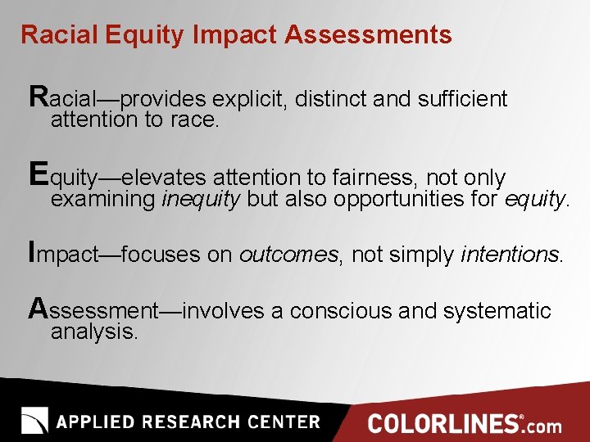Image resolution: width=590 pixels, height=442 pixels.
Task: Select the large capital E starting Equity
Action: (38, 174)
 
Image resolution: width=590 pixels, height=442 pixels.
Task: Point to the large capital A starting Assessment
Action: (38, 308)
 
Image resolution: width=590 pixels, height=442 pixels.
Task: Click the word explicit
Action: (247, 100)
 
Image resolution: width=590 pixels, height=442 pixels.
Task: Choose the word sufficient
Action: (462, 100)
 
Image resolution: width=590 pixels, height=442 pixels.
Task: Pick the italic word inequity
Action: (201, 200)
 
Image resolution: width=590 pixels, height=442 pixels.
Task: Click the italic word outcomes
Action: (288, 255)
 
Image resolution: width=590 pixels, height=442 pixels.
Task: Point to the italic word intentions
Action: (510, 255)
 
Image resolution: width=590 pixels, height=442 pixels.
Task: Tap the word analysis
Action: (93, 332)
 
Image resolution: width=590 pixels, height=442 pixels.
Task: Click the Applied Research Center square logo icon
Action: (35, 421)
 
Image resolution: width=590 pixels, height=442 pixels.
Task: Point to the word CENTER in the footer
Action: (278, 422)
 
